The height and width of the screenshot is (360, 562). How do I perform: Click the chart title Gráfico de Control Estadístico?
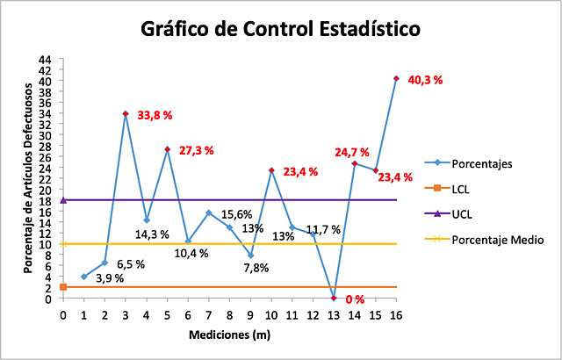(x=281, y=28)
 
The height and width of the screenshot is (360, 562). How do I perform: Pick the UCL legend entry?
(x=465, y=213)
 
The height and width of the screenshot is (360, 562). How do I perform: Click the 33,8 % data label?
(x=155, y=115)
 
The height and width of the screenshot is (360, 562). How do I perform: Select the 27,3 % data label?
(x=196, y=151)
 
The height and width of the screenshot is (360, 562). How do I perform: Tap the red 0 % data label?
(x=355, y=299)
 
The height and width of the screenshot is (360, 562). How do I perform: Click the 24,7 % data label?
(x=351, y=152)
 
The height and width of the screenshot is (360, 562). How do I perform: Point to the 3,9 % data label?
(x=109, y=278)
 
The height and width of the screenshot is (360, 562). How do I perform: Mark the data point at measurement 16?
(x=396, y=78)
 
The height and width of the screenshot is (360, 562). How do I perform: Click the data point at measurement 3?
(x=126, y=114)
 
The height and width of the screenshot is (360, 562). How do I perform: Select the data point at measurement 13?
(x=334, y=298)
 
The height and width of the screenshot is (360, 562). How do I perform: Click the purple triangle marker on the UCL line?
(x=63, y=200)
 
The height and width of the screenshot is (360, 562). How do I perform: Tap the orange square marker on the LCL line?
(x=63, y=287)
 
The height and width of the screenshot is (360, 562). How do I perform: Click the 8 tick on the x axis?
(x=229, y=313)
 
